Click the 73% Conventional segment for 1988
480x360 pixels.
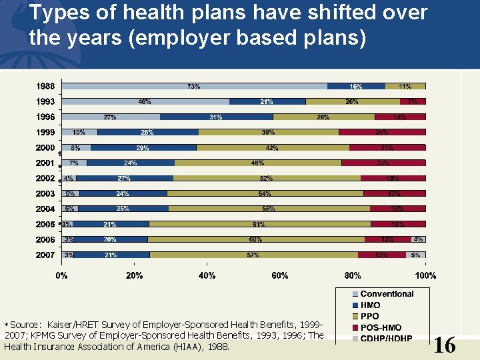point(194,86)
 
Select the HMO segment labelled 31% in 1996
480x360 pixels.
point(216,117)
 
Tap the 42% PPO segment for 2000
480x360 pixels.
point(273,147)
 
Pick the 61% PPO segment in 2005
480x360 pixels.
point(260,224)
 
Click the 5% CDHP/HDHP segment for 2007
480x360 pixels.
point(416,255)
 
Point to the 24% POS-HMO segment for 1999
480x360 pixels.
point(382,132)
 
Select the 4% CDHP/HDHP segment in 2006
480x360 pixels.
point(419,239)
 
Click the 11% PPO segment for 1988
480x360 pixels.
point(405,86)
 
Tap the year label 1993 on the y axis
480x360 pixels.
point(46,101)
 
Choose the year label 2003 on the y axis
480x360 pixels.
point(46,193)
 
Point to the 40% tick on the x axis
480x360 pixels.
point(207,275)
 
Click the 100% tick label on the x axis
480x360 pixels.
point(425,275)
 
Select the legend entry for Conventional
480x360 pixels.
point(387,294)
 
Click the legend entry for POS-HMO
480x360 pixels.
point(381,327)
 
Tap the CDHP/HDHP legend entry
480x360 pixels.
point(386,338)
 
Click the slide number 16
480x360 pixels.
point(444,345)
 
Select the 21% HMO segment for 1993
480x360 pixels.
point(267,101)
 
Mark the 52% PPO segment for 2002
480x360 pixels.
point(267,178)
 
